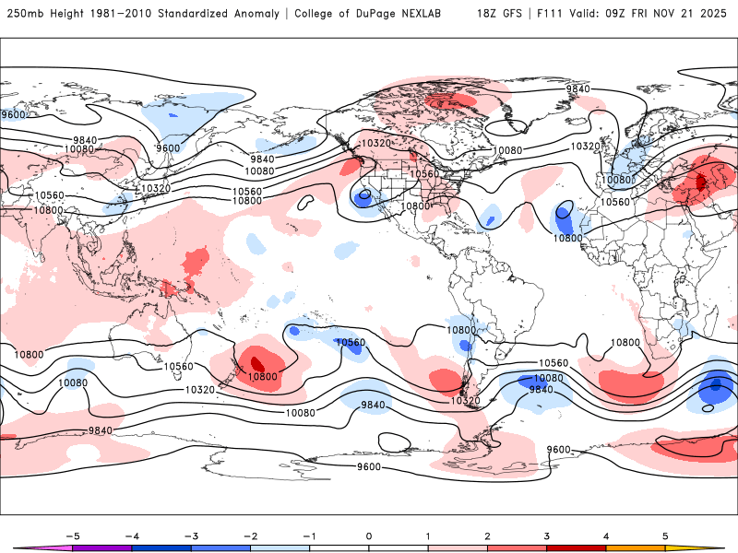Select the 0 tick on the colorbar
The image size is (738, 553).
[369, 535]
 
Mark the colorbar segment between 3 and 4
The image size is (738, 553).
[577, 547]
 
